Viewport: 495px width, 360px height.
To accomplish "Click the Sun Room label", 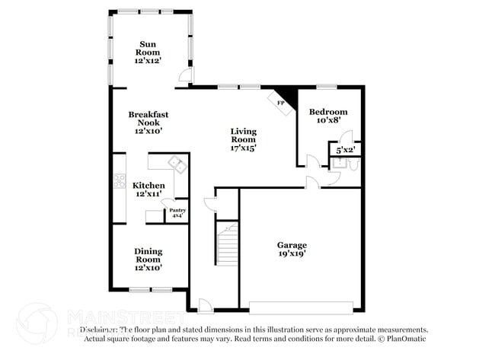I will click(x=148, y=52).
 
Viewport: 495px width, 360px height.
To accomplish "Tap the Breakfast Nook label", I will click(x=148, y=123).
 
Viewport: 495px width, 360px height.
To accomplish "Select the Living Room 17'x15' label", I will click(x=244, y=139).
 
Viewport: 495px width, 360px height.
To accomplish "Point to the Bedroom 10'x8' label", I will click(x=328, y=115).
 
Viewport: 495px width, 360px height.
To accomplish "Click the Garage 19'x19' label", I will click(x=292, y=250).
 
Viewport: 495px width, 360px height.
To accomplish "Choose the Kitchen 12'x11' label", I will click(x=148, y=190).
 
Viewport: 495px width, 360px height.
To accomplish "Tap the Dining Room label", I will click(x=148, y=259).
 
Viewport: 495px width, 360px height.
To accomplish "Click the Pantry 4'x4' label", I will click(x=177, y=213).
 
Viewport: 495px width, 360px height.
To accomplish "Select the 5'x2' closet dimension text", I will click(x=345, y=150).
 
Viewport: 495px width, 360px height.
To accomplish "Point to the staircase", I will click(x=227, y=244).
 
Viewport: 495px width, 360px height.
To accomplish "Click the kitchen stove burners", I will click(x=120, y=181).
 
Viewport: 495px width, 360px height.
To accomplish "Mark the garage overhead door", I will click(x=300, y=307).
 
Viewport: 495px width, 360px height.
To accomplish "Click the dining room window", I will click(x=150, y=289).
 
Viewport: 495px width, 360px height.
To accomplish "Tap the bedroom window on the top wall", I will click(x=327, y=86).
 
